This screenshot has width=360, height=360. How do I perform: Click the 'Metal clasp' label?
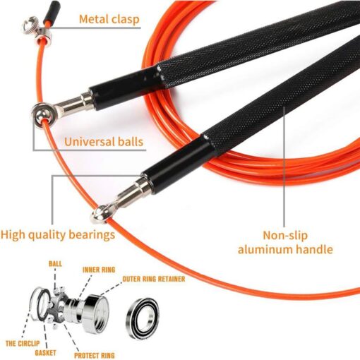tap(109, 19)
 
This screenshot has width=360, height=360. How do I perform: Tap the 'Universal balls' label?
tap(104, 142)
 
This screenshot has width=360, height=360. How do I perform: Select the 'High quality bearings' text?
tap(58, 235)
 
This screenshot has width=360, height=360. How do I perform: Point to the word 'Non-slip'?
tap(285, 235)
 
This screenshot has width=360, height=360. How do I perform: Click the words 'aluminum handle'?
tap(285, 249)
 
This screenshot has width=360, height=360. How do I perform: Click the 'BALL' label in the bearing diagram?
tap(55, 264)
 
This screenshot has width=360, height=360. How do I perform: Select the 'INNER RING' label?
tap(99, 270)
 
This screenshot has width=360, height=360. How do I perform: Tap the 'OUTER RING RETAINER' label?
tap(154, 279)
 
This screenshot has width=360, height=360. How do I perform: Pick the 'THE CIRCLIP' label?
tap(23, 344)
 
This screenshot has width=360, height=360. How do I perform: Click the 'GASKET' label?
tap(45, 353)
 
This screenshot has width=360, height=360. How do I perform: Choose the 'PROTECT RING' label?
tap(95, 355)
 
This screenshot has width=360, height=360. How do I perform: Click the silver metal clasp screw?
tap(30, 24)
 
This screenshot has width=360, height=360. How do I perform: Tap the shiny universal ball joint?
tap(42, 116)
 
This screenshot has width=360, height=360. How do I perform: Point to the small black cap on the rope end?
tap(52, 11)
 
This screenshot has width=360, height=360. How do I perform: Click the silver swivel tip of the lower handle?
tap(102, 214)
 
